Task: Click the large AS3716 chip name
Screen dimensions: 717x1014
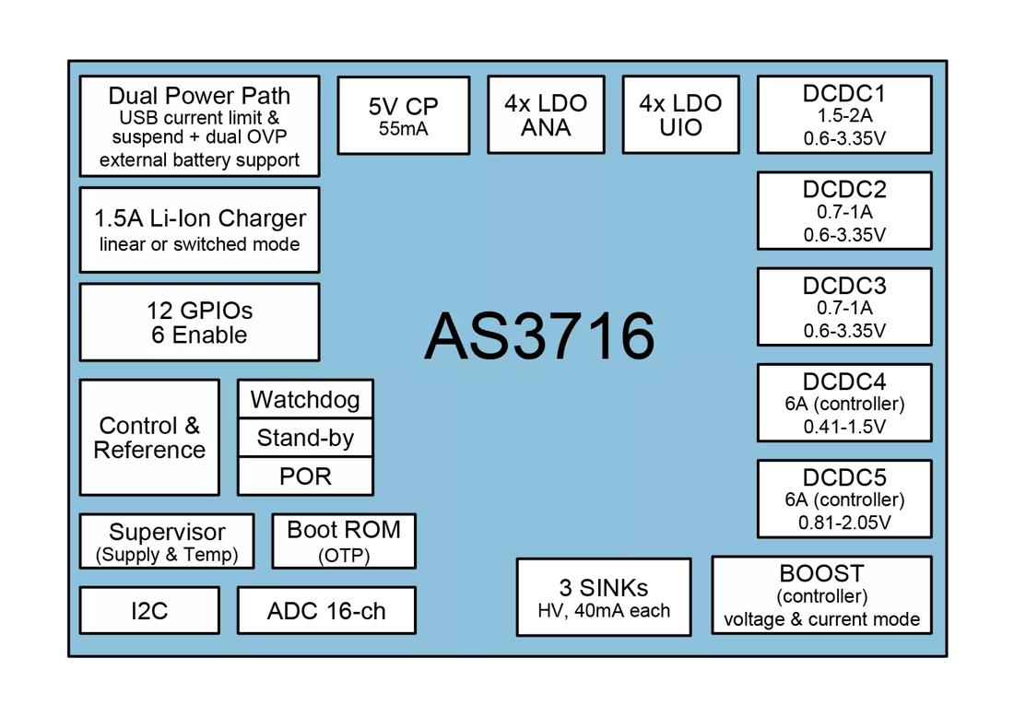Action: [539, 335]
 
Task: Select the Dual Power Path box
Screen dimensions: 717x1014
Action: [199, 126]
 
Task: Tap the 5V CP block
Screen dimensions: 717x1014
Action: [403, 115]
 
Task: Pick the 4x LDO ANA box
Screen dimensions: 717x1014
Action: [546, 115]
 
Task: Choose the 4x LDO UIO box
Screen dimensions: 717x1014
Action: [680, 115]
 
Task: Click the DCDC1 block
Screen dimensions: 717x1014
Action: [844, 115]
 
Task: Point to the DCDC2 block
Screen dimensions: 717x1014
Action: [844, 211]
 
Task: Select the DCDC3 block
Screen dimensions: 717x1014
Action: [844, 307]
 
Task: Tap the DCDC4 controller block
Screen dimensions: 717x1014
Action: [844, 403]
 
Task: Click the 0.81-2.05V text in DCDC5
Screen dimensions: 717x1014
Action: [844, 523]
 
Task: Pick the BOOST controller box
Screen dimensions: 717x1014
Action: [821, 595]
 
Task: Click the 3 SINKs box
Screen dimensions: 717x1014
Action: [604, 597]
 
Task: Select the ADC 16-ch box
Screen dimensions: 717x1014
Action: [326, 610]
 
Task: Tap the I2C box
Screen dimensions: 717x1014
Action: [149, 610]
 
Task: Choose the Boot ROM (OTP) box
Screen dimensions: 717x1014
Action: [344, 541]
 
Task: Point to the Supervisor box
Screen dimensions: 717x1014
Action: [167, 542]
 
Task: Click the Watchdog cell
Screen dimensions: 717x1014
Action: [305, 399]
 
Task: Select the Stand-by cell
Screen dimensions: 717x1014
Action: [305, 438]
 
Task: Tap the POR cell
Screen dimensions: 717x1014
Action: [305, 476]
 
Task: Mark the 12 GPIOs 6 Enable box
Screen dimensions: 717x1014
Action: [199, 322]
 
